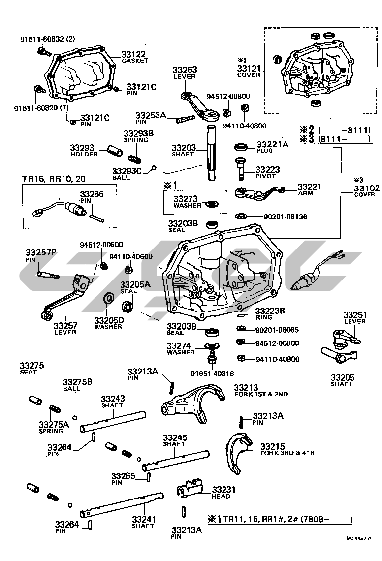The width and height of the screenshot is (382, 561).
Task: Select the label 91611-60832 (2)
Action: pyautogui.click(x=48, y=39)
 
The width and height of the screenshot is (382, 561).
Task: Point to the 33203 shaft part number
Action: pyautogui.click(x=184, y=147)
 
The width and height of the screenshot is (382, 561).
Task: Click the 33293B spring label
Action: pyautogui.click(x=138, y=133)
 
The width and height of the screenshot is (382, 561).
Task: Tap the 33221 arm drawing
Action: pyautogui.click(x=260, y=194)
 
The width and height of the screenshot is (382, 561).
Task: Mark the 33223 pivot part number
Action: pyautogui.click(x=268, y=169)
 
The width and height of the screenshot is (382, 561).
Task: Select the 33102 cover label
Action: pyautogui.click(x=365, y=187)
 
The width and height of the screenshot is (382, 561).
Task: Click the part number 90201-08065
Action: pyautogui.click(x=277, y=330)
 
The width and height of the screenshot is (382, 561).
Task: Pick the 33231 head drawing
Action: pyautogui.click(x=189, y=489)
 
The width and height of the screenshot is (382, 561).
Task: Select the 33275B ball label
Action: pyautogui.click(x=77, y=381)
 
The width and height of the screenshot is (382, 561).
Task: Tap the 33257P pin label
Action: pyautogui.click(x=41, y=253)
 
